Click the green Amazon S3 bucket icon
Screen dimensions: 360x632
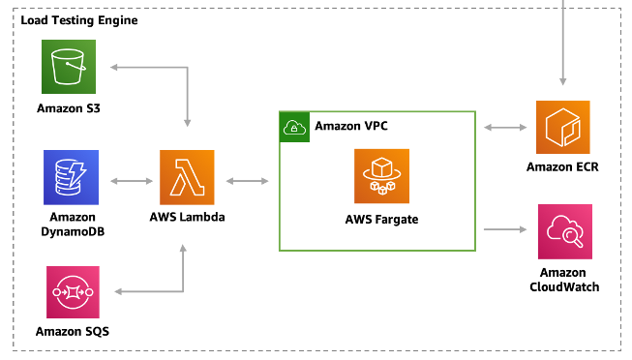click(69, 66)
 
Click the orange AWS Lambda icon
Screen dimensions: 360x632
click(187, 177)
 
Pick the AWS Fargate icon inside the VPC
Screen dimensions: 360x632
click(380, 175)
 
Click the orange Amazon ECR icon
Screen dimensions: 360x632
click(562, 127)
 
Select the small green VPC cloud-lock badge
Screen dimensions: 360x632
click(293, 127)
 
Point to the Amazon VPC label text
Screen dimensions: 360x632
click(351, 127)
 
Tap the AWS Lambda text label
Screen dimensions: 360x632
click(188, 218)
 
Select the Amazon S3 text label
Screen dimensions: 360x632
click(70, 107)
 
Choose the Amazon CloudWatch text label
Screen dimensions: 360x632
click(563, 280)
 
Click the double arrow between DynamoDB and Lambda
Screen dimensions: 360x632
click(130, 180)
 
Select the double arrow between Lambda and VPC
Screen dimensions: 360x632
click(247, 180)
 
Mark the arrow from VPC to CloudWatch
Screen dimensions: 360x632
click(504, 230)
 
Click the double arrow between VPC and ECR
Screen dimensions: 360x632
click(504, 127)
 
